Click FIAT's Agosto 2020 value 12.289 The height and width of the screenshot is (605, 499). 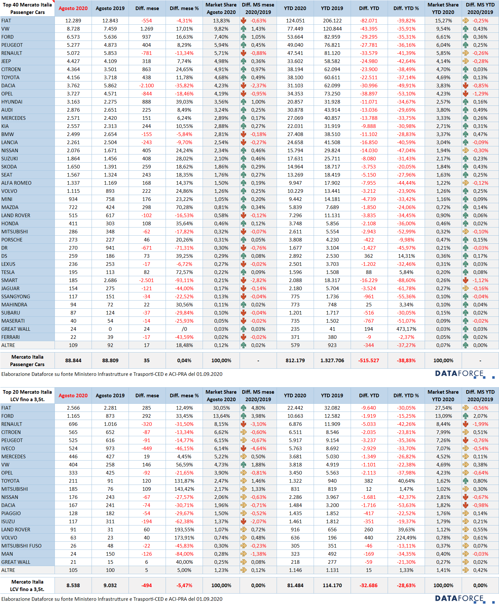73,20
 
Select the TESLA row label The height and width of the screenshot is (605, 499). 8,272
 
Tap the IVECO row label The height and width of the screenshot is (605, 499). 8,449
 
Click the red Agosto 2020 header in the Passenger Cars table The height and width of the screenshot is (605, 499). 73,8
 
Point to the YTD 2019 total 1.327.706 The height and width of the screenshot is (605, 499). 332,361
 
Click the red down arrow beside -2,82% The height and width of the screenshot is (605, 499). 243,280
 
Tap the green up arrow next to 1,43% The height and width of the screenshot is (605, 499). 243,29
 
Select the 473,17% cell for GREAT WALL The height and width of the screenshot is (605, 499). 406,329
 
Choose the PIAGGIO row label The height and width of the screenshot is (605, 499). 11,513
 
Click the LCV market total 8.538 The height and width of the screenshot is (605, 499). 73,586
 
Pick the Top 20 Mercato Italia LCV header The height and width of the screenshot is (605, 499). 27,396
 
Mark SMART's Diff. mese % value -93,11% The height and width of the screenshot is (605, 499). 184,280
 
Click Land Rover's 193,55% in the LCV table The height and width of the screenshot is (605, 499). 184,530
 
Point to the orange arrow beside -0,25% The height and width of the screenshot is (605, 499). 466,20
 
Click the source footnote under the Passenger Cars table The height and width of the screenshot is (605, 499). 112,374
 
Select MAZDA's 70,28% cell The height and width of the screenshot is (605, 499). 184,207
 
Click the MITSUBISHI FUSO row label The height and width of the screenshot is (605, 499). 21,546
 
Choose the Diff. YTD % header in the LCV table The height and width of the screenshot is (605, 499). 406,396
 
